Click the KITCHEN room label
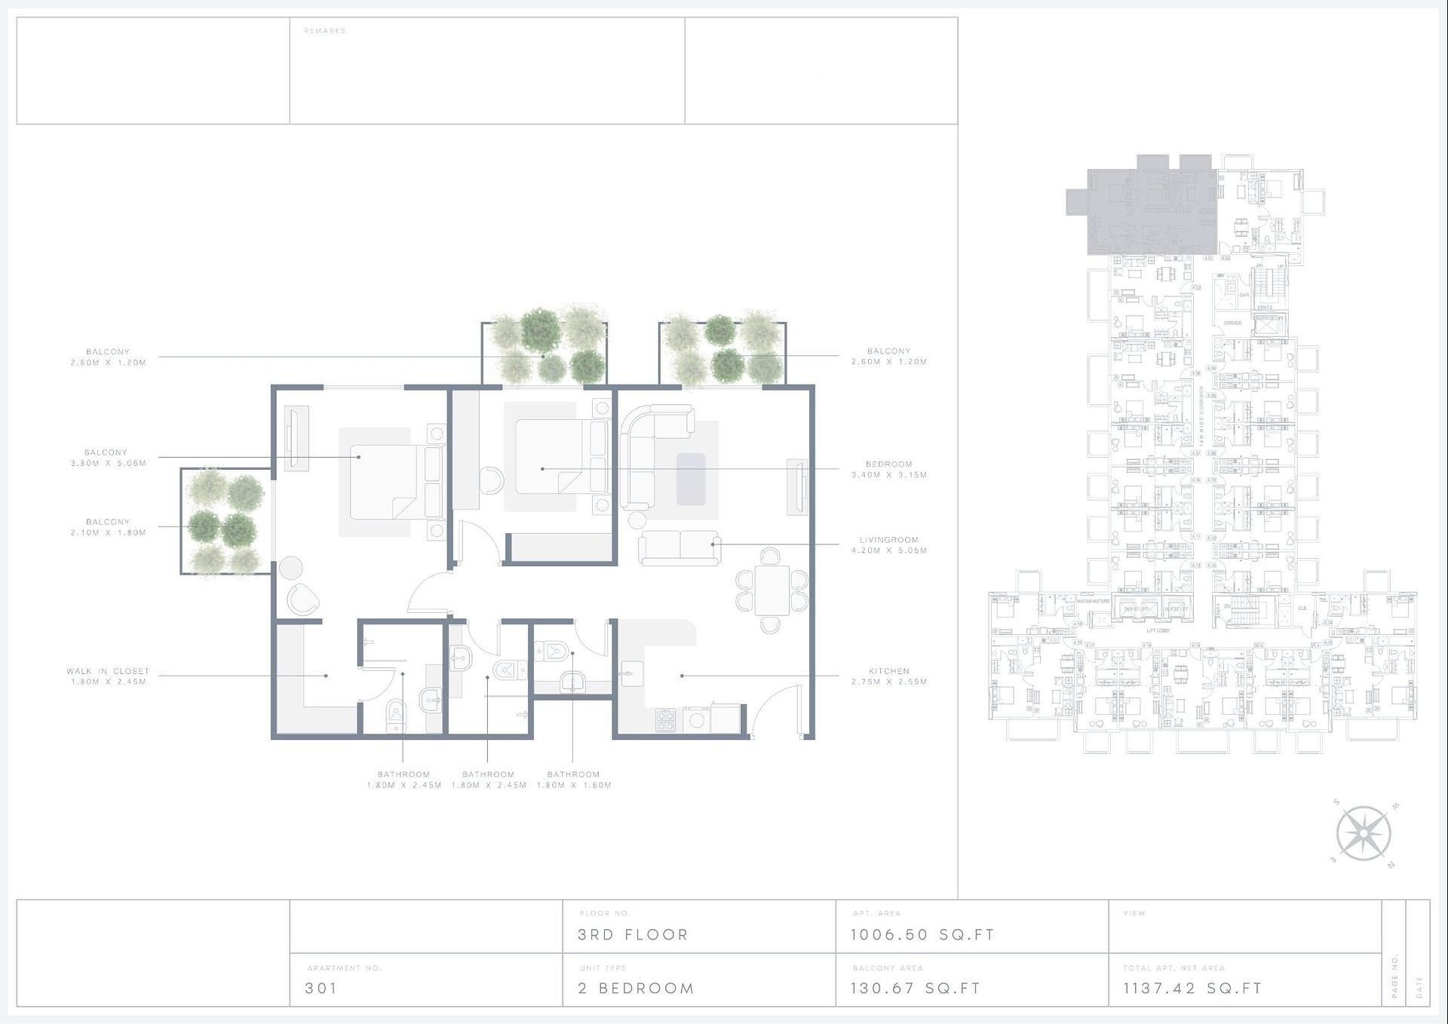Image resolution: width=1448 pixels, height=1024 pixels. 888,671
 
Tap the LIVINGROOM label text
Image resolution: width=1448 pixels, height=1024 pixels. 888,540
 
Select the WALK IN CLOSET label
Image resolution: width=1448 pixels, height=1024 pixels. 108,671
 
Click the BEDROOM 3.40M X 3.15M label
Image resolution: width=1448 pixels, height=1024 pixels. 888,470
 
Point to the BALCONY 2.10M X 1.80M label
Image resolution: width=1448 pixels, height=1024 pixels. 108,527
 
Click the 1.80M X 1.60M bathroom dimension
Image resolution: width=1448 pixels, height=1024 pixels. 574,785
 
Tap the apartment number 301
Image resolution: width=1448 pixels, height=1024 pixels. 321,988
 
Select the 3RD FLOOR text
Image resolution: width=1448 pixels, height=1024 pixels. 633,935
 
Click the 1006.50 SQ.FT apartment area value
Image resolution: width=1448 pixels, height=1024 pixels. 922,935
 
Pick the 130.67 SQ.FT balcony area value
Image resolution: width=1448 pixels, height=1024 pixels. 916,988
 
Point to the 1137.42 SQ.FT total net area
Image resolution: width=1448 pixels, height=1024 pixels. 1192,988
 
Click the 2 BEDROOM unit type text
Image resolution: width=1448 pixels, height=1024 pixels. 636,988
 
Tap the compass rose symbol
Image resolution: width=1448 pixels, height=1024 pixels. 1364,834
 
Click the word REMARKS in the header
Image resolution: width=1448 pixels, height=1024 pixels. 324,31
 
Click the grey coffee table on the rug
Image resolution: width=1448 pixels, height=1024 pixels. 691,479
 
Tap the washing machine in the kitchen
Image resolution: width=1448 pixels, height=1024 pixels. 697,720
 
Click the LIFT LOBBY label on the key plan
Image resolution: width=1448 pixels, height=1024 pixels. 1158,630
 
